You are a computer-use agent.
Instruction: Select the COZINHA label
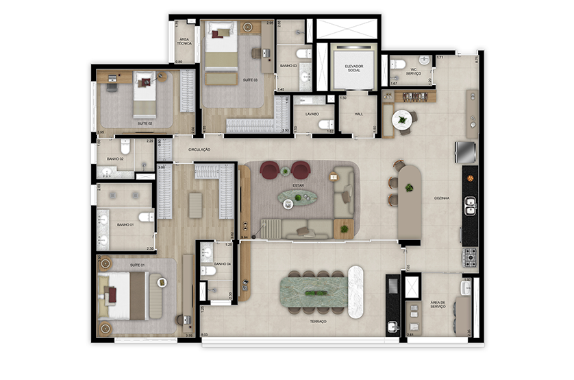click(442, 198)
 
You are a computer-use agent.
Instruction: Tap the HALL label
click(358, 115)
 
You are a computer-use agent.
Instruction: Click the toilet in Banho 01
click(145, 217)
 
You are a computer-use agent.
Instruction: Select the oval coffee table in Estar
click(298, 198)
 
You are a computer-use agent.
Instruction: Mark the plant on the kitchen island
click(410, 187)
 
